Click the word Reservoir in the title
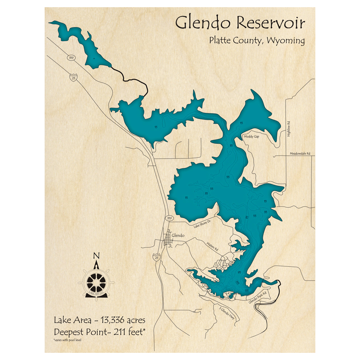271,23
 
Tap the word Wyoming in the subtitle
286,40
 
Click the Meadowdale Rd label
300,154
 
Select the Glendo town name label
178,235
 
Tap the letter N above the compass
96,256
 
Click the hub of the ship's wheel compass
96,282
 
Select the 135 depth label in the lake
247,290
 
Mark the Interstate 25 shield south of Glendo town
156,258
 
